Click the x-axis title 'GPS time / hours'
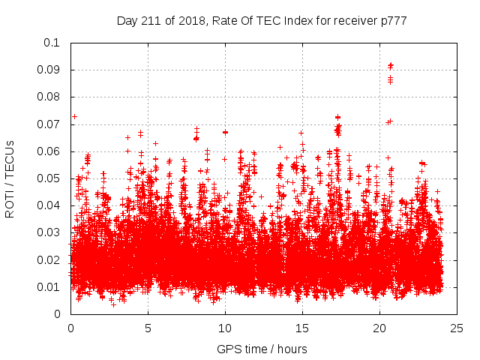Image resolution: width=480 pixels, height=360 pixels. [262, 349]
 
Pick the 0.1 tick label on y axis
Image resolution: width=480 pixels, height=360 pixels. [52, 43]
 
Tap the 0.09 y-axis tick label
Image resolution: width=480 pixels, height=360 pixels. [49, 70]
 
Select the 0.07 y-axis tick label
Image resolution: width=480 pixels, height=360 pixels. [49, 124]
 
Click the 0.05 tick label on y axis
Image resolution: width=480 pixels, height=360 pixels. [49, 178]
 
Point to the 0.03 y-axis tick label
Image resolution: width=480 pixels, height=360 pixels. [49, 232]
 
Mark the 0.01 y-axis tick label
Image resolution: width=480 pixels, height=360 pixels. [49, 287]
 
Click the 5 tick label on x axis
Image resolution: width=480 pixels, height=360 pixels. [148, 328]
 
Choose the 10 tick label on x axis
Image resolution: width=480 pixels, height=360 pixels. [225, 328]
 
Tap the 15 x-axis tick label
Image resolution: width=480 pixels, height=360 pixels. [302, 328]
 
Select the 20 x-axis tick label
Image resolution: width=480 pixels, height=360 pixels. [379, 328]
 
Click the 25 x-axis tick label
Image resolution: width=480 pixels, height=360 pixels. [457, 328]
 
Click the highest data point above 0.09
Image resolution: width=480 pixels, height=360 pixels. [391, 65]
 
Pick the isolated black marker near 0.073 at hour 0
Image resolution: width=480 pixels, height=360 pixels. [74, 116]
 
